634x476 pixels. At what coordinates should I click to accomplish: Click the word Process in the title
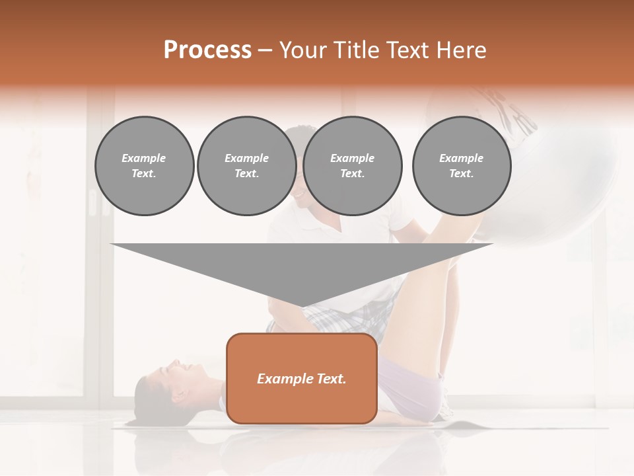tap(207, 50)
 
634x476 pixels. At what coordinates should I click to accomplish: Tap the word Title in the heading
tap(354, 50)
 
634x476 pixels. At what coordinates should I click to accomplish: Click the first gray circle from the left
tap(144, 166)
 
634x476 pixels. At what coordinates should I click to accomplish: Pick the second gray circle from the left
tap(246, 166)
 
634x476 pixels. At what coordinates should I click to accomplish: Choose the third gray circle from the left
tap(352, 166)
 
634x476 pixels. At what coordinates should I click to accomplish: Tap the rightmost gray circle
tap(461, 166)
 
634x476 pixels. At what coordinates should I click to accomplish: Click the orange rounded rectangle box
tap(302, 378)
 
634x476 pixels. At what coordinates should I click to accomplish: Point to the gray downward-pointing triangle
tap(302, 268)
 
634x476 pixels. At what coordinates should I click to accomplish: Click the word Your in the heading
tap(302, 50)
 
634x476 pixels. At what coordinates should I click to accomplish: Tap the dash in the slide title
tap(265, 50)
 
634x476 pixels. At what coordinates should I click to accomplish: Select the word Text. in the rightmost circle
tap(461, 174)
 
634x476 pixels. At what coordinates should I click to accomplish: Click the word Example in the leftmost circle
tap(144, 158)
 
